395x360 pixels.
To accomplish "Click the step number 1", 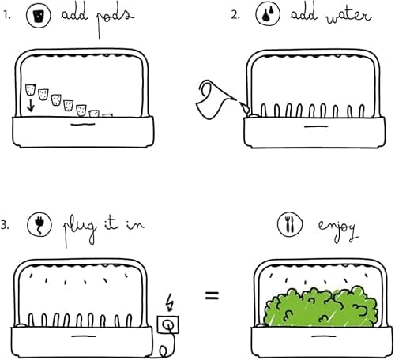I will (x=6, y=14).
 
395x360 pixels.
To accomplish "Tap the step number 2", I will (x=235, y=14).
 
